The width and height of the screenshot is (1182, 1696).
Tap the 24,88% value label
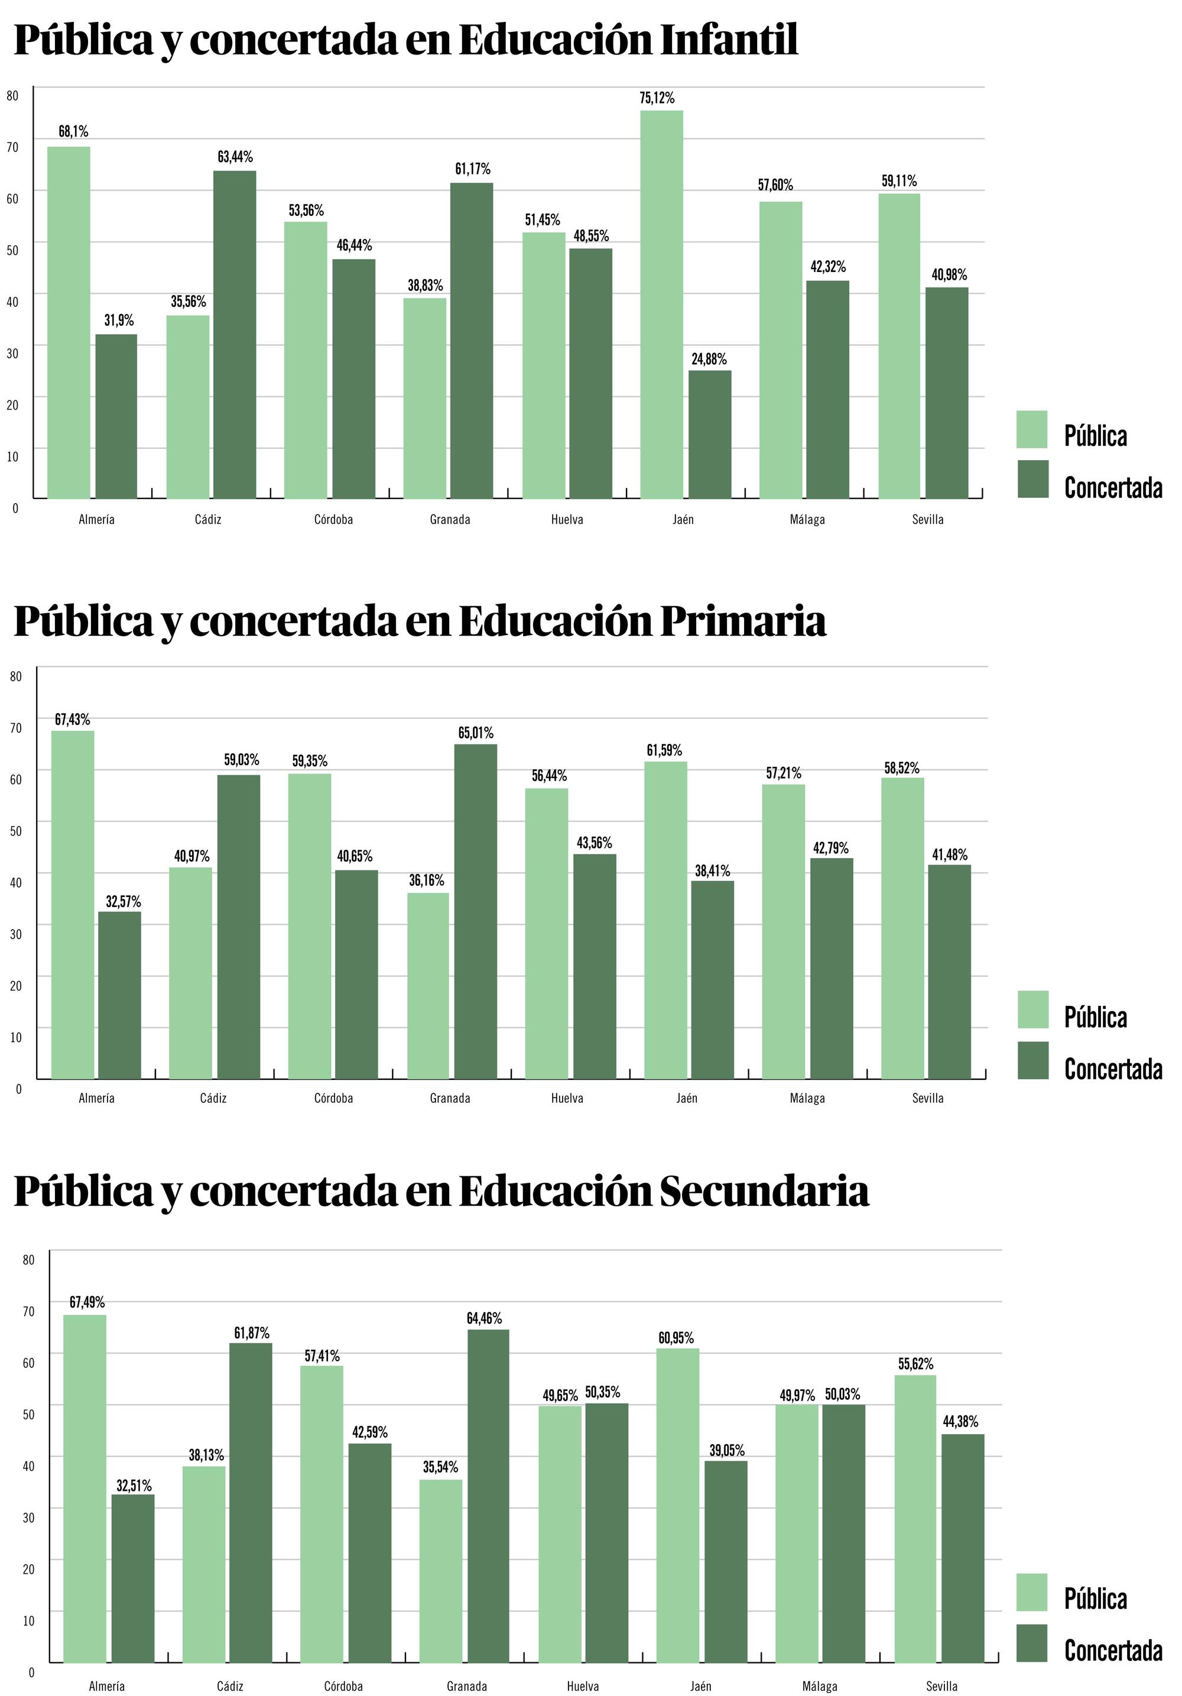pyautogui.click(x=709, y=360)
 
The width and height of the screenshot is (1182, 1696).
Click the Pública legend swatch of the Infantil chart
pyautogui.click(x=1031, y=429)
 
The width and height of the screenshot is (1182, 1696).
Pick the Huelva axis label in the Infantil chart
pyautogui.click(x=567, y=519)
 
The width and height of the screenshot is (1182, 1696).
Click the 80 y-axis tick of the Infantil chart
pyautogui.click(x=12, y=95)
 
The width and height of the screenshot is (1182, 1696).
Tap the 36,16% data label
pyautogui.click(x=427, y=881)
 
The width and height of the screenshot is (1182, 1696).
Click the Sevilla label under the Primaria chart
pyautogui.click(x=927, y=1098)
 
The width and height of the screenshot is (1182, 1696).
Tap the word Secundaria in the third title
pyautogui.click(x=764, y=1192)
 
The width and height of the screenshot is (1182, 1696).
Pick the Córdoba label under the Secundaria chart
pyautogui.click(x=343, y=1686)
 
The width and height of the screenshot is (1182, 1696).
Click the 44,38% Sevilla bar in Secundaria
pyautogui.click(x=963, y=1548)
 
